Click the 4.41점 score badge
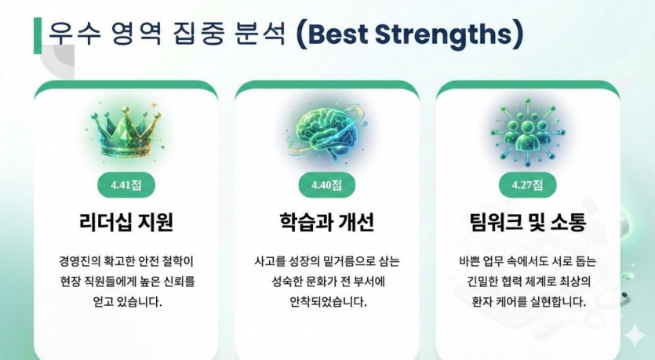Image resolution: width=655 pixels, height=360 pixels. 126,185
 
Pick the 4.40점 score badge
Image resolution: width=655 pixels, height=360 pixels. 327,185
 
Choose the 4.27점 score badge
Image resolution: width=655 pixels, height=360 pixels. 527,185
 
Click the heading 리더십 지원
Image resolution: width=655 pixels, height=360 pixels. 126,223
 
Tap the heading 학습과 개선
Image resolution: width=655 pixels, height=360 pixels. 326,223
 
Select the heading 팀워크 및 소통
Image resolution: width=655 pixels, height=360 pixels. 527,223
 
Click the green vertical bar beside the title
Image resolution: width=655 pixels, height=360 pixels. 37,35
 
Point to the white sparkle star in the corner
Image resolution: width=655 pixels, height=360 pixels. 633,336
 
